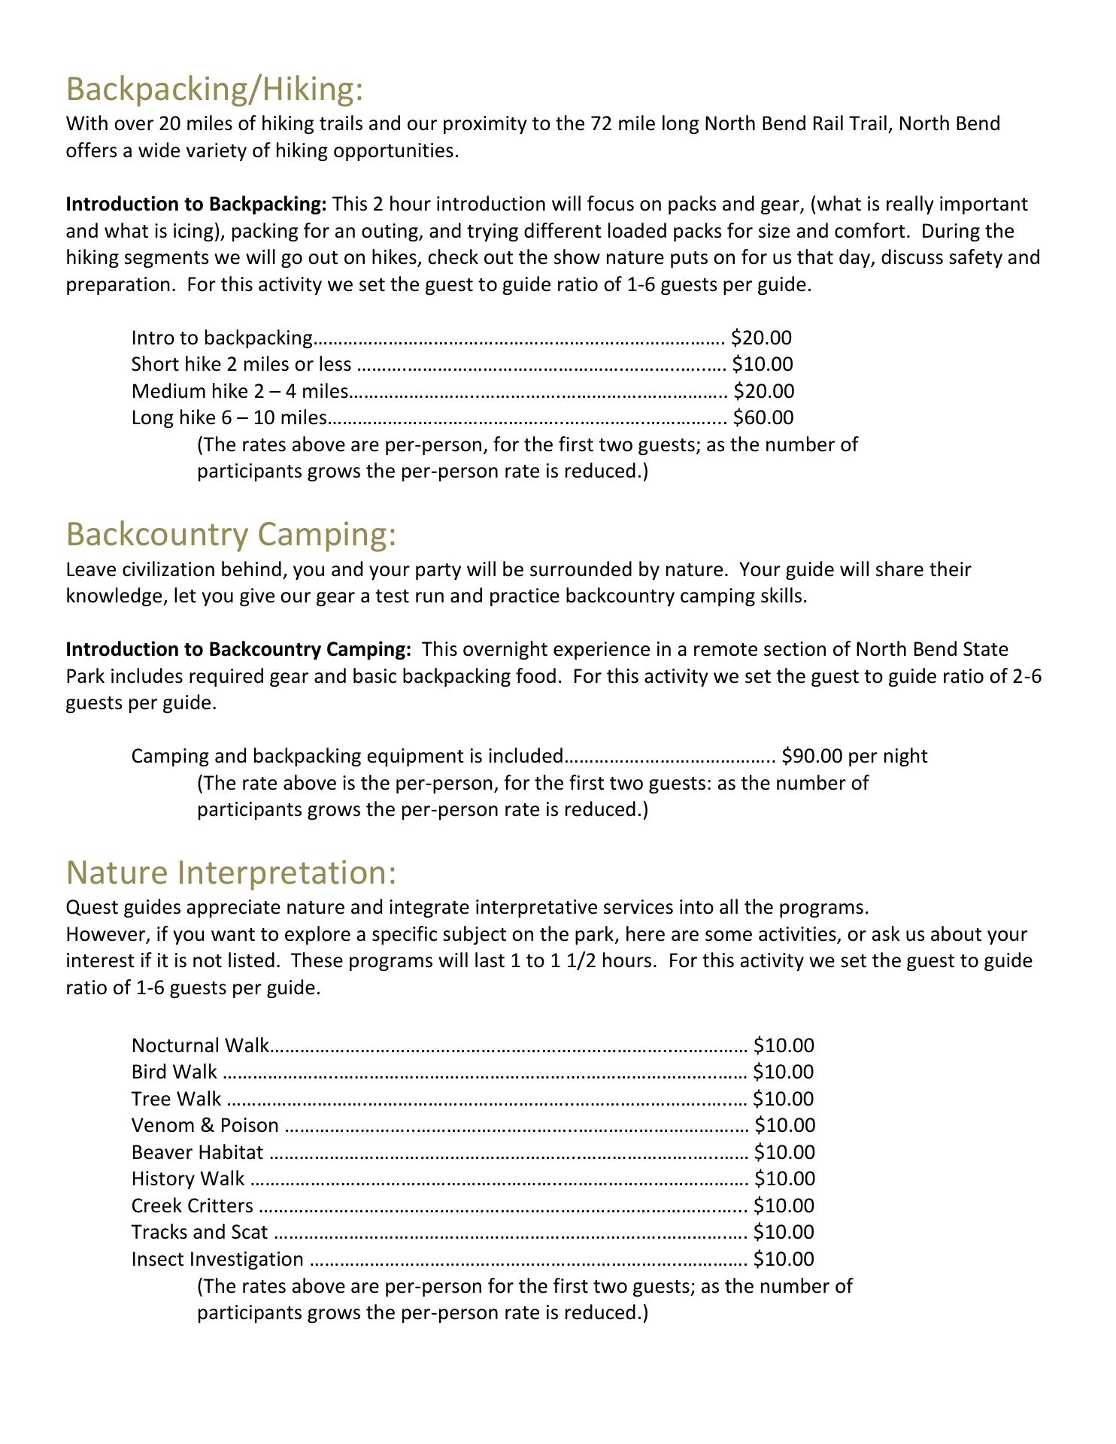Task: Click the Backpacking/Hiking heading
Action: tap(215, 89)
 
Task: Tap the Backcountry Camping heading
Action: tap(230, 535)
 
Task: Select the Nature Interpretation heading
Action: tap(230, 872)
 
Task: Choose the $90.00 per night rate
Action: tap(854, 756)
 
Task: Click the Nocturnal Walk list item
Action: tap(199, 1045)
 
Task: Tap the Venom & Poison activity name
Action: tap(205, 1126)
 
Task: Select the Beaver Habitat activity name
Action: tap(197, 1152)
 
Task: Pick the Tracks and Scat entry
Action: tap(199, 1232)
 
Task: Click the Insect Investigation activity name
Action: tap(217, 1259)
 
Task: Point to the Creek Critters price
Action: tap(784, 1206)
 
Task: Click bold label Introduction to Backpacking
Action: tap(196, 205)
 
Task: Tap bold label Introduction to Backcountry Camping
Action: tap(238, 649)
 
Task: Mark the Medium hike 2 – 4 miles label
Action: tap(240, 391)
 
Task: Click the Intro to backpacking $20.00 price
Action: tap(761, 338)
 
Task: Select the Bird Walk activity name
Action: tap(174, 1072)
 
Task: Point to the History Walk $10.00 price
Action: tap(784, 1179)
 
